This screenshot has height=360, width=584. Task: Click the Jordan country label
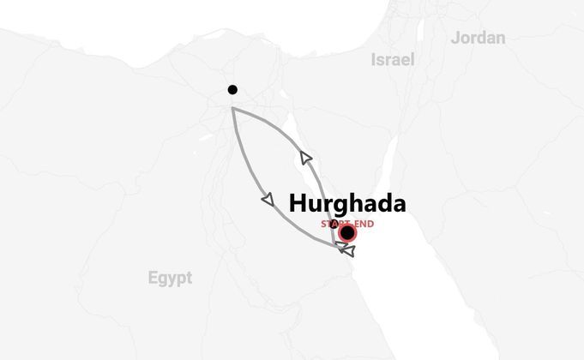pos(478,38)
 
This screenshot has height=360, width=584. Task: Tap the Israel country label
pos(392,60)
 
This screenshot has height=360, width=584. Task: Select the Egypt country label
pos(170,278)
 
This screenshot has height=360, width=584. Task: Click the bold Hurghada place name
pos(346,204)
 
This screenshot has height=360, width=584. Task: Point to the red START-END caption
pos(347,225)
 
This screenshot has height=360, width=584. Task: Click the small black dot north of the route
pos(232,90)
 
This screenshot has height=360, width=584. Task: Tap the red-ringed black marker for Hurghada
pos(347,233)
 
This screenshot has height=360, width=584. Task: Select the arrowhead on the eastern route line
pos(305,157)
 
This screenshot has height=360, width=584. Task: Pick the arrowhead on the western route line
pos(268,200)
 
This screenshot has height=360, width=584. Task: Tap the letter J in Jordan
pos(455,38)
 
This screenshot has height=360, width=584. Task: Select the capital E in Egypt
pos(153,278)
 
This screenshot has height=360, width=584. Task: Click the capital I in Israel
pos(373,60)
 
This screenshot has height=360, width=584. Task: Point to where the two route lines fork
pos(232,108)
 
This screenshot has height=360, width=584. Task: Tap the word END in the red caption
pos(363,225)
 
